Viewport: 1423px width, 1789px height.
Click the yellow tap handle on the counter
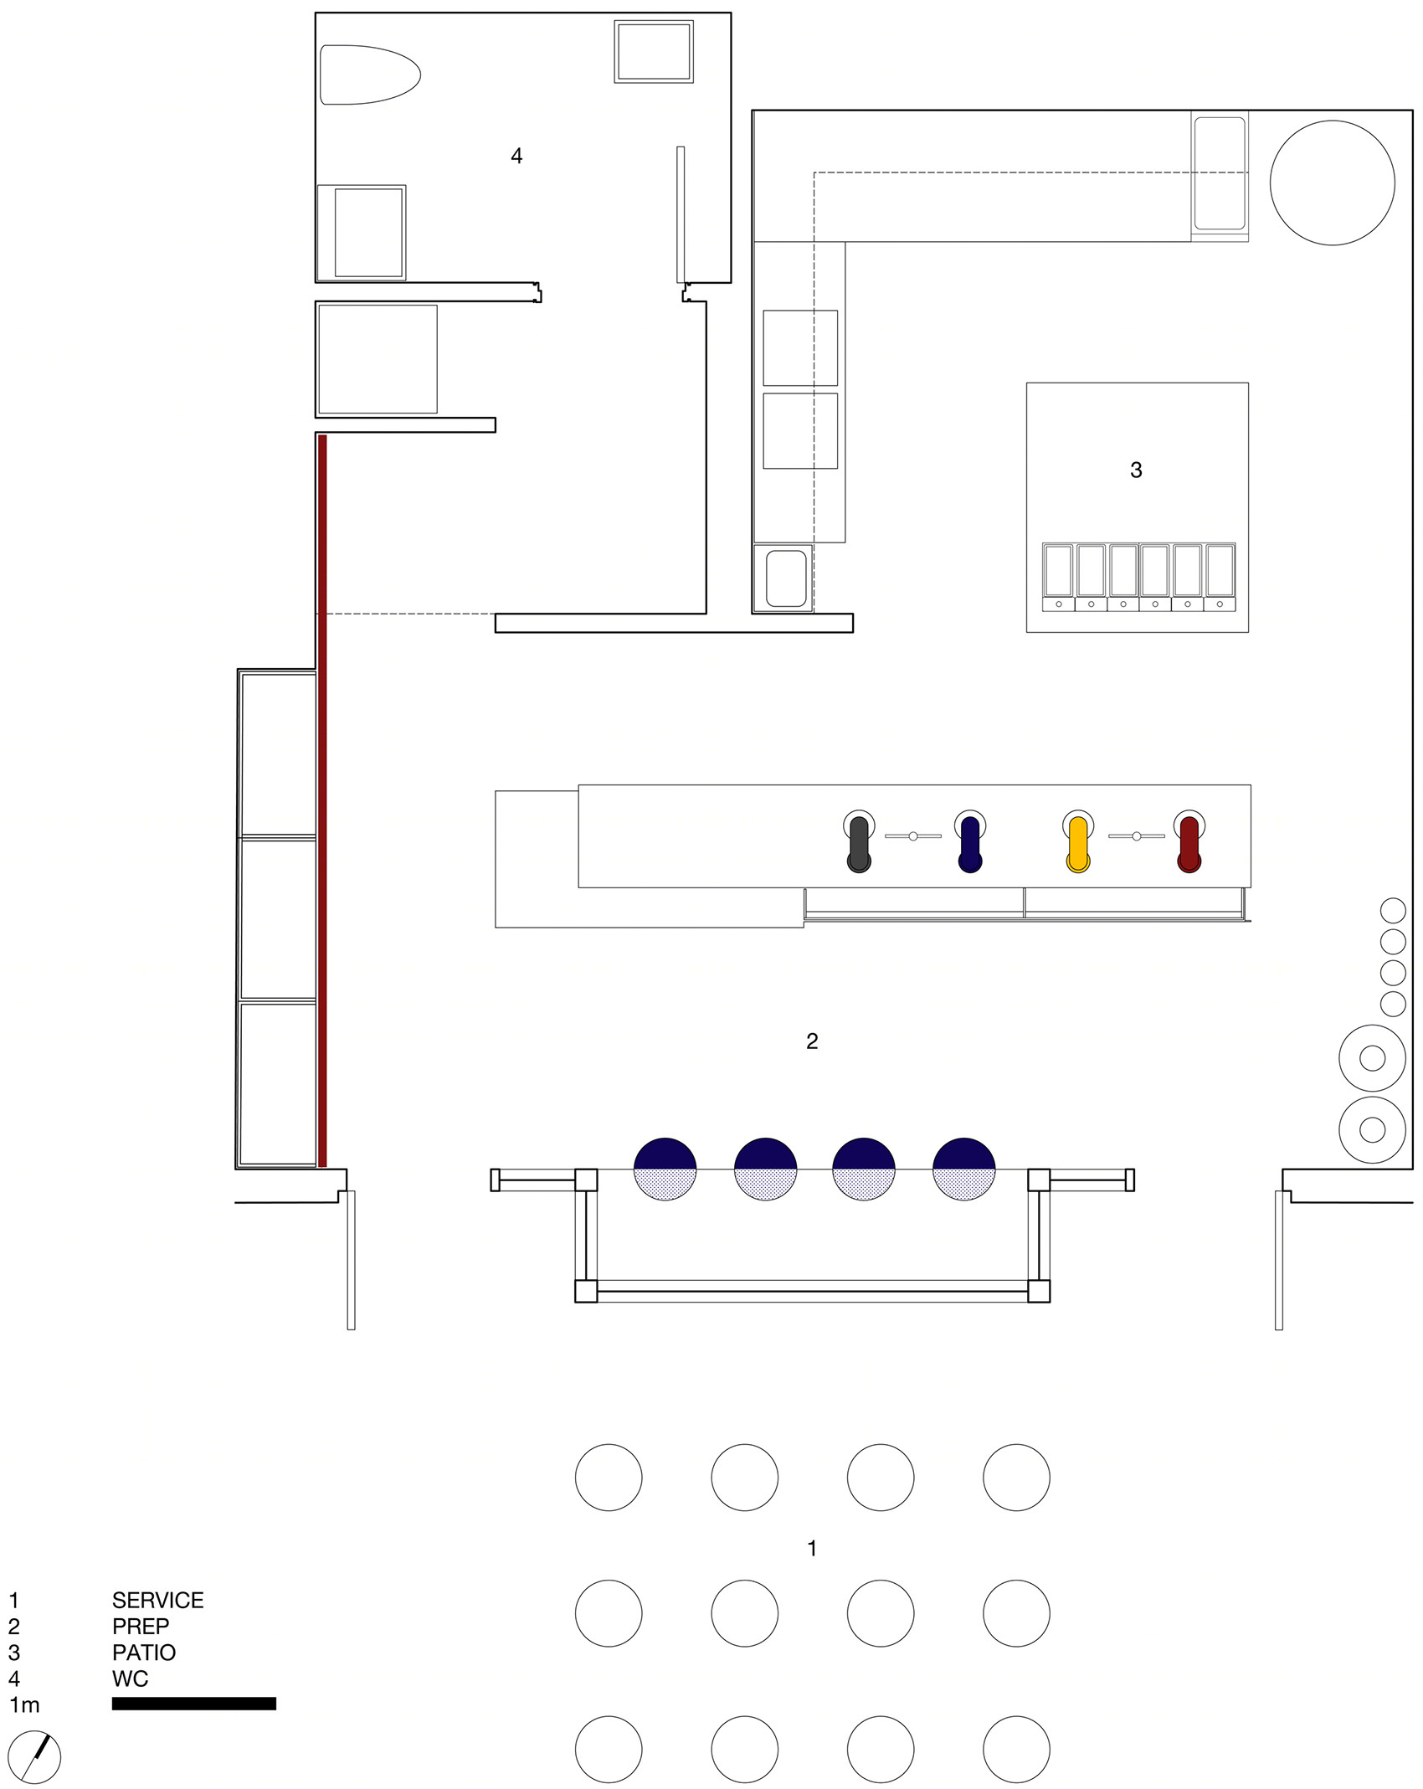coord(1078,844)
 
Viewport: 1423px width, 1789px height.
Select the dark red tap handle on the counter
coord(1189,844)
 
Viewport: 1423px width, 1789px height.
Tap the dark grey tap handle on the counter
coord(859,844)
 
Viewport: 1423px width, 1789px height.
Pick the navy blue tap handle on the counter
coord(970,844)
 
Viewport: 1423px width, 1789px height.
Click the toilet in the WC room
coord(370,75)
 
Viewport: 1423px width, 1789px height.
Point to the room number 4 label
coord(516,156)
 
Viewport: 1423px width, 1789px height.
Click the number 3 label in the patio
coord(1136,470)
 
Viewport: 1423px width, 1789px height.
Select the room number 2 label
coord(812,1041)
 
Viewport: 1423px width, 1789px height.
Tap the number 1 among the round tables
coord(812,1548)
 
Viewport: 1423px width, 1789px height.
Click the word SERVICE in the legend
coord(158,1600)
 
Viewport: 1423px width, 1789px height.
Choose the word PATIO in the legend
coord(144,1653)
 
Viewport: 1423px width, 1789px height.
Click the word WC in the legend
coord(130,1678)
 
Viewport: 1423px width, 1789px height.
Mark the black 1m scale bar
coord(194,1704)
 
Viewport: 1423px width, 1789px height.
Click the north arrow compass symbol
coord(34,1756)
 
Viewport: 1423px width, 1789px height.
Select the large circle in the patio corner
coord(1333,182)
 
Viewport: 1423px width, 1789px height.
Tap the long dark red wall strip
coord(322,800)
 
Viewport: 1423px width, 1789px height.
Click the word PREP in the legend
coord(141,1627)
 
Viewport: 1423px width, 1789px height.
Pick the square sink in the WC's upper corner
coord(654,51)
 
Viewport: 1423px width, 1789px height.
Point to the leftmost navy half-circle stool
coord(665,1169)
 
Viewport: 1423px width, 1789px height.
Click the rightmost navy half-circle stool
coord(964,1169)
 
